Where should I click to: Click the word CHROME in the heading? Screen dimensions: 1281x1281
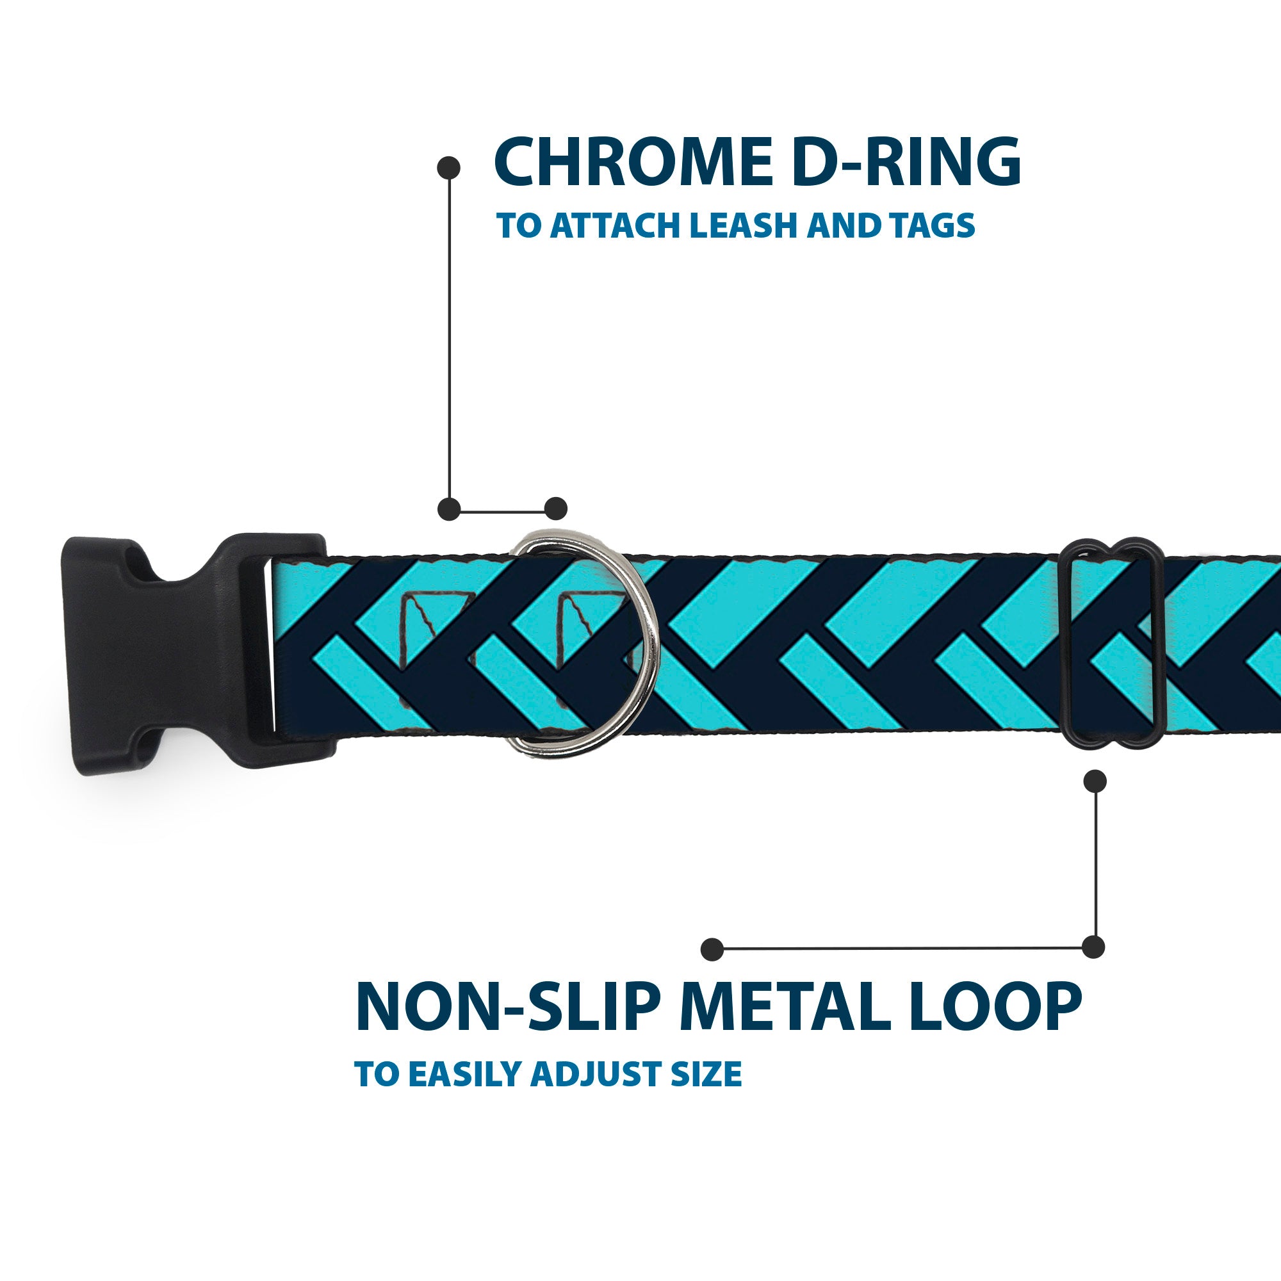click(x=633, y=163)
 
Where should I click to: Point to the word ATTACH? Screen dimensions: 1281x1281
click(x=615, y=226)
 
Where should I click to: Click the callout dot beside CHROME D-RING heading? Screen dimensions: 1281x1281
click(x=449, y=168)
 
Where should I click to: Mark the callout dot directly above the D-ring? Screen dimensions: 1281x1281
click(x=555, y=509)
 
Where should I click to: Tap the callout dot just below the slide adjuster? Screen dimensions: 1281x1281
click(x=1095, y=781)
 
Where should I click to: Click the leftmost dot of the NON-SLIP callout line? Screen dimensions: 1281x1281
click(x=712, y=949)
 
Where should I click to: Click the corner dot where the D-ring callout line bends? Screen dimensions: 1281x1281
click(x=449, y=509)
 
